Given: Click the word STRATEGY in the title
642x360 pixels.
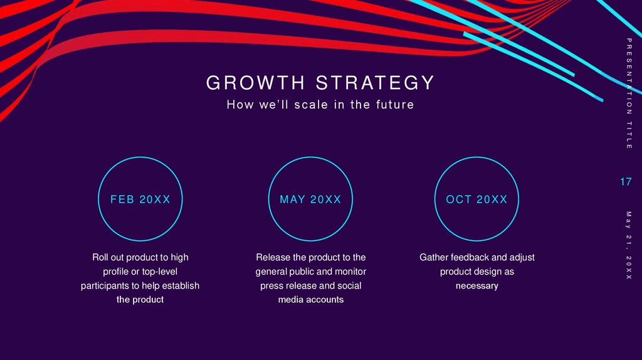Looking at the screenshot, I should tap(375, 83).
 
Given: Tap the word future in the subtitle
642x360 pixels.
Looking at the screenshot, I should tap(394, 105).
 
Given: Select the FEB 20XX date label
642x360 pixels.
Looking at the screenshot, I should tap(140, 199).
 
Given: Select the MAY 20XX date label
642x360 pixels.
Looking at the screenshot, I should tap(310, 199).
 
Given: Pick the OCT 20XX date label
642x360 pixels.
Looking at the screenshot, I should tap(476, 199).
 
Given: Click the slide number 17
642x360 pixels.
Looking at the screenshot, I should tap(625, 182).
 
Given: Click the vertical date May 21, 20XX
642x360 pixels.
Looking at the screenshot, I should tap(629, 245).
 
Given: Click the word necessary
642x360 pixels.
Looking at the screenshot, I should tap(476, 286).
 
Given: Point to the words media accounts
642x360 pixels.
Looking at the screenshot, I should tap(310, 300).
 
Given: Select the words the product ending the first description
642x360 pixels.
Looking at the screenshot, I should tap(140, 300).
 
